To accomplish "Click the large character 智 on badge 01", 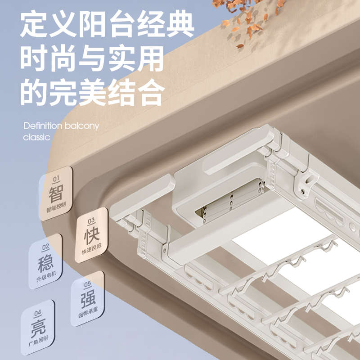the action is click(56, 194).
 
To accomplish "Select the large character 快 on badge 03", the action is click(91, 236).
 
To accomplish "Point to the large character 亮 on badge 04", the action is click(38, 328).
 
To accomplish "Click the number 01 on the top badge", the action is click(56, 180).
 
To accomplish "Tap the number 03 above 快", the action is click(91, 221).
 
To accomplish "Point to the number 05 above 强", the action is click(88, 284).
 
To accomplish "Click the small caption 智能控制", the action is click(56, 210).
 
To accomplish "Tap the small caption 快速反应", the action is click(91, 251).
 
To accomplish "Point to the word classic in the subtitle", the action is click(36, 137).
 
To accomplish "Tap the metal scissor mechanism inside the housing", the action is click(229, 200).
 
